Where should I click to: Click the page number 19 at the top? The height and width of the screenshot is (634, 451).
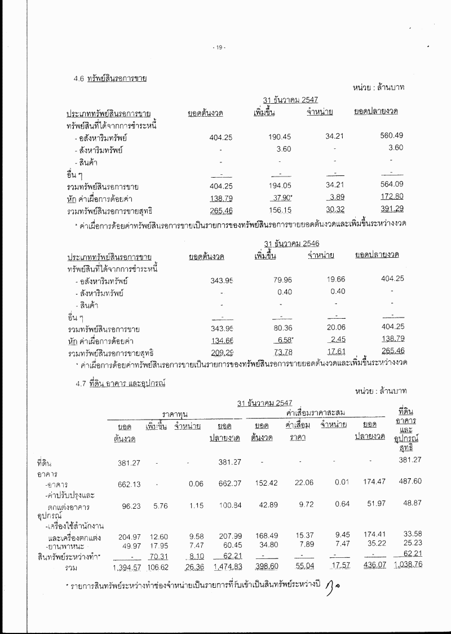click(219, 47)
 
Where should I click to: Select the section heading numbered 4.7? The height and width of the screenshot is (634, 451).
click(121, 383)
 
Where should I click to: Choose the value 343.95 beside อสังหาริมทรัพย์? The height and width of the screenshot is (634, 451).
click(214, 280)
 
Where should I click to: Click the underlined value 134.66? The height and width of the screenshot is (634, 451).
click(214, 341)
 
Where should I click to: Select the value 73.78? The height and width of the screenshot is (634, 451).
click(273, 353)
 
